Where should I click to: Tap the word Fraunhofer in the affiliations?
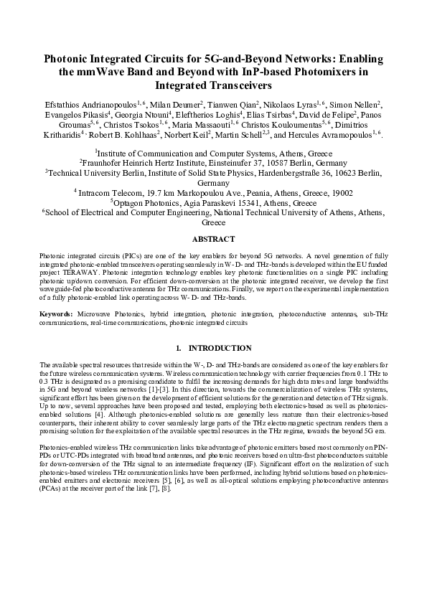point(125,163)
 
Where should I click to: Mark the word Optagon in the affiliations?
point(136,203)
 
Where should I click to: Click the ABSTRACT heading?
point(213,239)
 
